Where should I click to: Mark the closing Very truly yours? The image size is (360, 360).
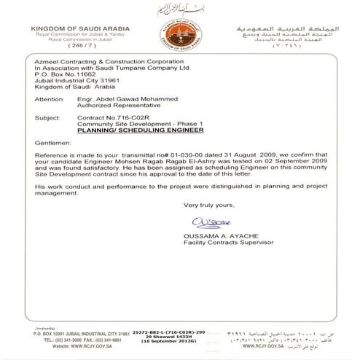coord(208,205)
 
